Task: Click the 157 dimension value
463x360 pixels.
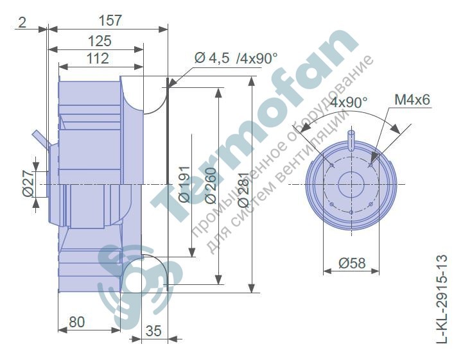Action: [110, 21]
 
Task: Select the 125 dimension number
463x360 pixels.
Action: [100, 41]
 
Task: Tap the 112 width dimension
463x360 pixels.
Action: [98, 58]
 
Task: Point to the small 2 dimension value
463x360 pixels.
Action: [22, 22]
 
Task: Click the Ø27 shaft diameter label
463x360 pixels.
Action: [28, 184]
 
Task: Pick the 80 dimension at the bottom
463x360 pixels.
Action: [77, 322]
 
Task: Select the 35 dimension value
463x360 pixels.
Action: [153, 330]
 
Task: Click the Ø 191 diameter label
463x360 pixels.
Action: [184, 184]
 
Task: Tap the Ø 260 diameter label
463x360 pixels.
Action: [211, 185]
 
